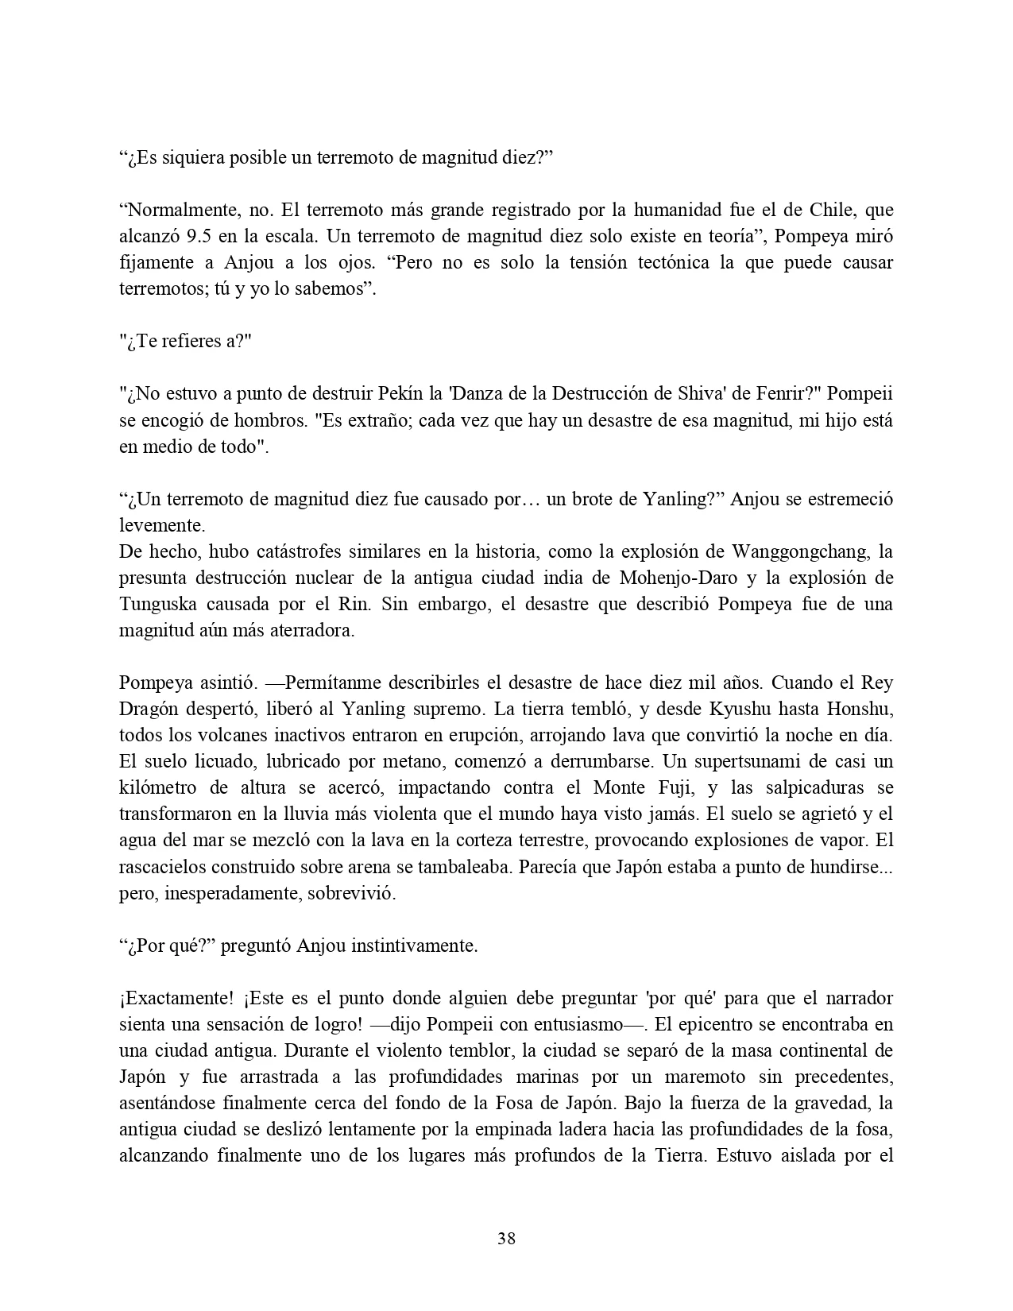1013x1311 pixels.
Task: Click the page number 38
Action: pos(506,1238)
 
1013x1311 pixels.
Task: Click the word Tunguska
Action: pos(156,604)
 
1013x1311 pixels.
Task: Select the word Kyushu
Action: pos(746,709)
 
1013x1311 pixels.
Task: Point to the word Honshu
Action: pos(861,709)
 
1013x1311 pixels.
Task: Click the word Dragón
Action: pos(152,709)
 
